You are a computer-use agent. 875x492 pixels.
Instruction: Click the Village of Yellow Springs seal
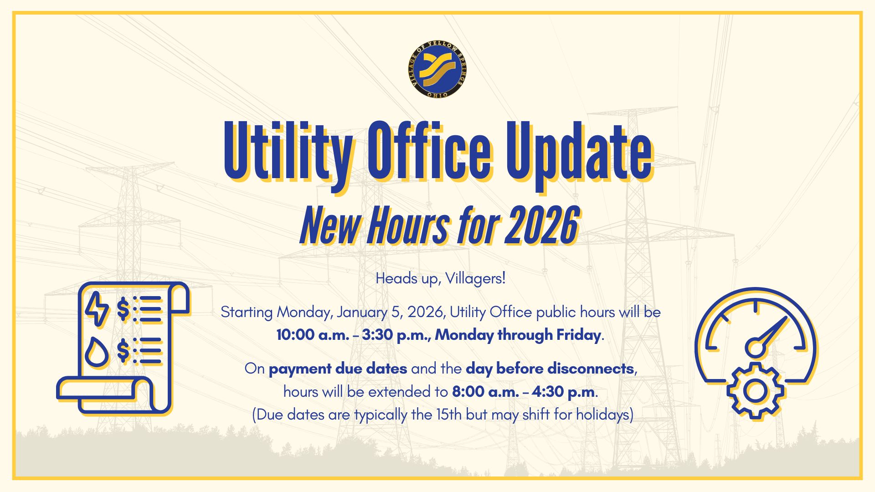pos(437,69)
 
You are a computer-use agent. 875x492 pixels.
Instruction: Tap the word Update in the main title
pos(579,153)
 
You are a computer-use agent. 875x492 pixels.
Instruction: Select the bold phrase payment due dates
pos(338,369)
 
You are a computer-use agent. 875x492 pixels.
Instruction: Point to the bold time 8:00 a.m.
pos(485,392)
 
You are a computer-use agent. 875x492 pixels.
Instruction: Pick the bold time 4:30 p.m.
pos(564,392)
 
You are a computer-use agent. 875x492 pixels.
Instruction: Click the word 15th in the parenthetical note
pos(449,415)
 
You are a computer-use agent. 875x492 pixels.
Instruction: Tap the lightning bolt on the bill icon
pos(97,309)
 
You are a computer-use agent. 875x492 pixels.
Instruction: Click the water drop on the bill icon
pos(97,352)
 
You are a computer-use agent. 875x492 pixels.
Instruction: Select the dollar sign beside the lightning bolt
pos(123,309)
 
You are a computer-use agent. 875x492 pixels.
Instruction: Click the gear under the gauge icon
pos(755,391)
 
